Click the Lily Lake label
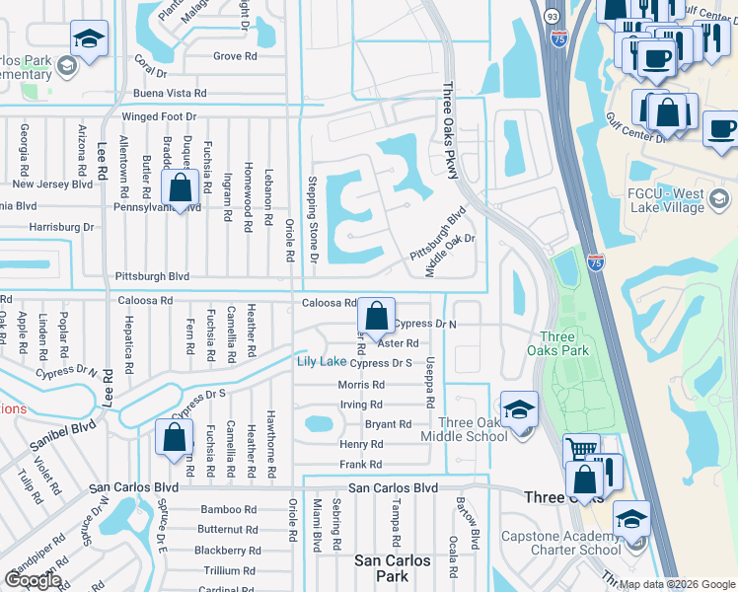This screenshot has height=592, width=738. click(322, 362)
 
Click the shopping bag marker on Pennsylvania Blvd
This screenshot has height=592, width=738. click(181, 186)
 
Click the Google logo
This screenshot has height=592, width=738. click(33, 580)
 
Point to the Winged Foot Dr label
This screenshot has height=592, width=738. click(159, 116)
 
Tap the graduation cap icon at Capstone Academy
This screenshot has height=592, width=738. click(631, 519)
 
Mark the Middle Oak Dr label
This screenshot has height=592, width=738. click(450, 256)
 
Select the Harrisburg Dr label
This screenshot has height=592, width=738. click(60, 227)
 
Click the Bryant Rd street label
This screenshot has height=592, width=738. click(388, 424)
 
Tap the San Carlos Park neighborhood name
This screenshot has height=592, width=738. click(394, 568)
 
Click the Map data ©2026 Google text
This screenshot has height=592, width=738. click(676, 584)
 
